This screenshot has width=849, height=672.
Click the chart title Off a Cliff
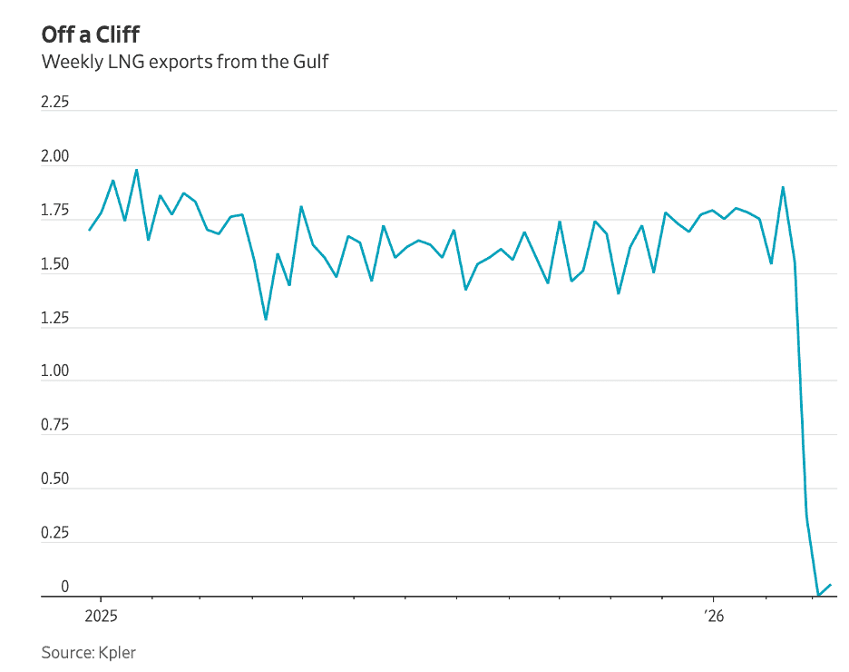(90, 35)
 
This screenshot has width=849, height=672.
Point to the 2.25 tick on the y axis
(55, 103)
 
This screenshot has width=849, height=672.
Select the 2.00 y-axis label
(55, 157)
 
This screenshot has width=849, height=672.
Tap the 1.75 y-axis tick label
(55, 211)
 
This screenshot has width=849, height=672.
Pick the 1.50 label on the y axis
(55, 264)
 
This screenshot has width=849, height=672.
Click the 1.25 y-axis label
(55, 318)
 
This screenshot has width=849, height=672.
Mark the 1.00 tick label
(55, 372)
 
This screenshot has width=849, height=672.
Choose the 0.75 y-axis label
(55, 426)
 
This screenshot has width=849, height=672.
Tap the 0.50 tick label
(55, 479)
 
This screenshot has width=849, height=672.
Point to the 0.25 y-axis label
(55, 533)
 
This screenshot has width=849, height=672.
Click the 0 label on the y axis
(65, 587)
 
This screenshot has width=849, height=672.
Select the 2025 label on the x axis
(101, 615)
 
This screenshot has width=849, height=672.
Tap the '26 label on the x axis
(713, 615)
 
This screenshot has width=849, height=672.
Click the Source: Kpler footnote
(89, 652)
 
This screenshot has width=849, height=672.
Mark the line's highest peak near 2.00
(136, 170)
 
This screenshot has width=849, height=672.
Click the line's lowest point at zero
(818, 596)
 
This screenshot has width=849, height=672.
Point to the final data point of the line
(831, 585)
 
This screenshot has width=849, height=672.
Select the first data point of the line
(89, 230)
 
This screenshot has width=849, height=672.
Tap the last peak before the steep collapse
(783, 187)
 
